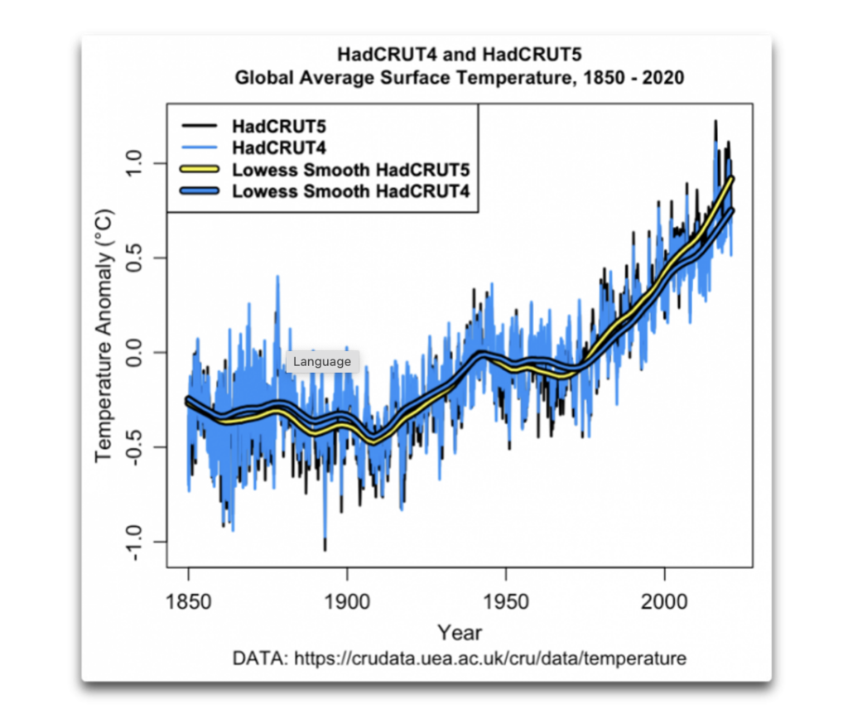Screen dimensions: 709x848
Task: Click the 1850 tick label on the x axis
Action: click(x=188, y=600)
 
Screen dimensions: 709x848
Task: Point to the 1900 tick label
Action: click(x=347, y=600)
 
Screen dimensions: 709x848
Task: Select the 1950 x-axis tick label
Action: click(x=506, y=600)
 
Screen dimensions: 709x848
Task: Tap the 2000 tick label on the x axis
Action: click(x=665, y=600)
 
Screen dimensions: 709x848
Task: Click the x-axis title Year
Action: click(x=460, y=633)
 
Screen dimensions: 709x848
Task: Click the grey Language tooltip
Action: click(x=322, y=362)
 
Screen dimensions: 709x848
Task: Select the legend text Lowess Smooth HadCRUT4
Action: click(x=351, y=191)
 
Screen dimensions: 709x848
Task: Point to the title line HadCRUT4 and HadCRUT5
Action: click(x=460, y=55)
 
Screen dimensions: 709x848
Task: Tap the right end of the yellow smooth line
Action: click(x=732, y=178)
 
